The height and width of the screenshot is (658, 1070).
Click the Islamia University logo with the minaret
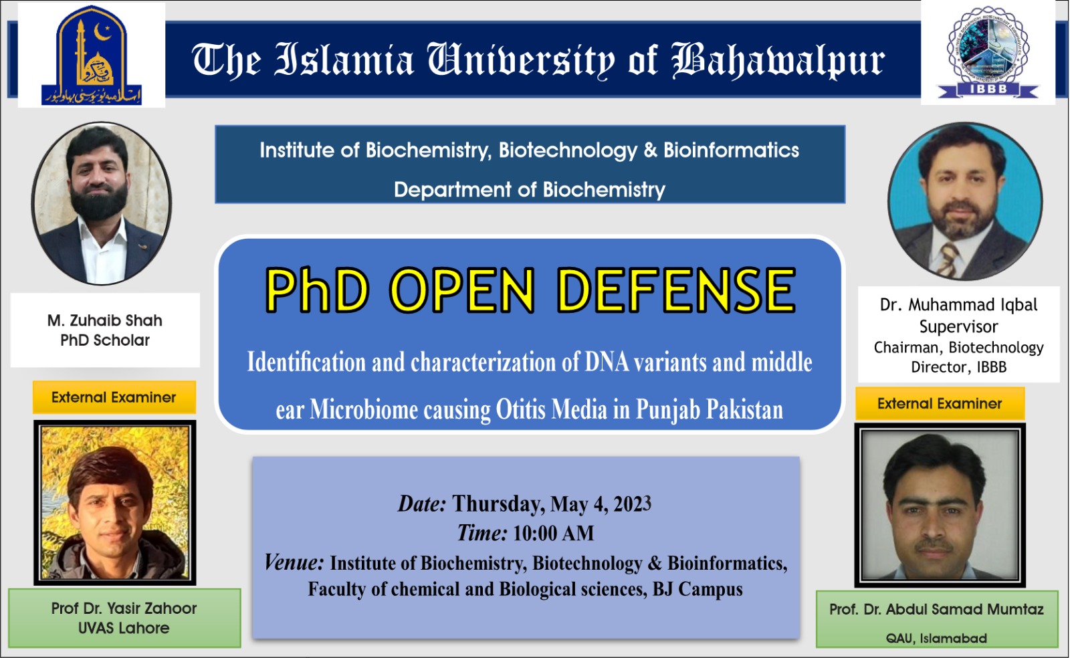[92, 55]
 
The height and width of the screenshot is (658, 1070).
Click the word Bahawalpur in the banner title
[778, 60]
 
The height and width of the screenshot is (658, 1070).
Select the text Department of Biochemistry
[529, 190]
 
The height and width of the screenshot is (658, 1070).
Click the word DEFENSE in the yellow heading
[676, 290]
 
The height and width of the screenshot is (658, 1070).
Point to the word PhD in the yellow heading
[317, 290]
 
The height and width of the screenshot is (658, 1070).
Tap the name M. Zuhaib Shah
[105, 320]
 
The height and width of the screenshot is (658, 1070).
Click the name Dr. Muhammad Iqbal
[958, 305]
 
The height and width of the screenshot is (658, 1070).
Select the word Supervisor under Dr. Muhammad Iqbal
[958, 326]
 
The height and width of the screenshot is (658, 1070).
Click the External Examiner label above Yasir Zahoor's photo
[114, 397]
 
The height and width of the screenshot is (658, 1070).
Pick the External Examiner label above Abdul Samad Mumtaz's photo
[940, 403]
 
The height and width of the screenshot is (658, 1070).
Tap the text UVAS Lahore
[124, 628]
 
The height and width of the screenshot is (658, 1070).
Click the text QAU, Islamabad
[936, 638]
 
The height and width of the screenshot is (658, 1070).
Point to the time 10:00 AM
[553, 533]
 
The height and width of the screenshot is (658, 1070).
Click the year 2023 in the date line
[632, 504]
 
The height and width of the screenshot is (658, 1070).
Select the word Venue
[294, 562]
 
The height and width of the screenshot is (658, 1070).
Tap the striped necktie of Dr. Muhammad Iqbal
[949, 259]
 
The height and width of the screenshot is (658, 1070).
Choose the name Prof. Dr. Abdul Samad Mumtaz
[936, 609]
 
